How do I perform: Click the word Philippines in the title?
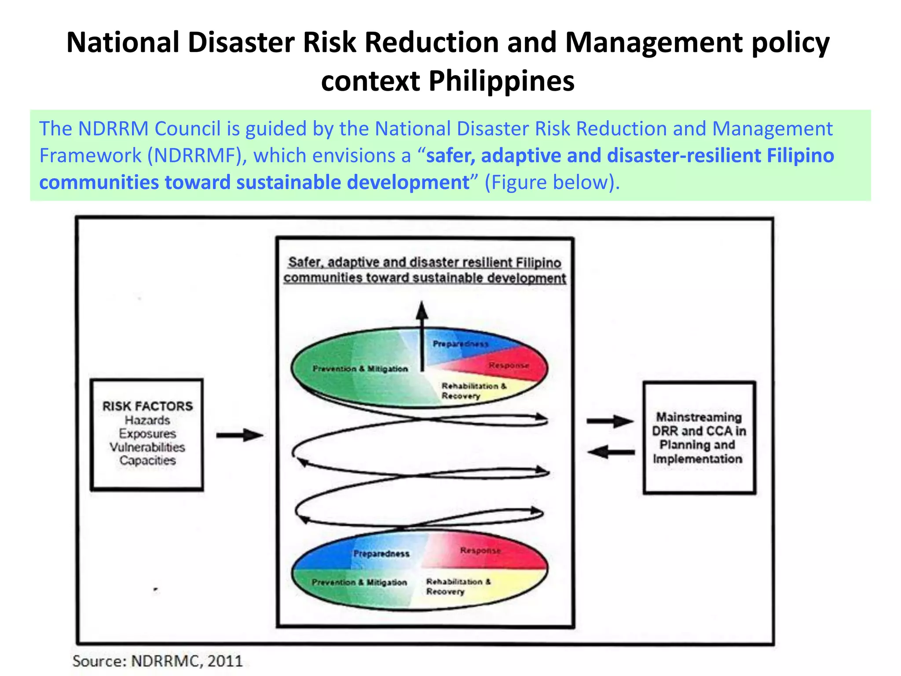point(501,81)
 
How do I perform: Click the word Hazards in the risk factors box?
point(147,420)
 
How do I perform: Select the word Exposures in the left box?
point(147,434)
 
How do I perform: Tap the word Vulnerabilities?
point(147,447)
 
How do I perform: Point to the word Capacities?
point(147,460)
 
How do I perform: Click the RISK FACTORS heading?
point(147,406)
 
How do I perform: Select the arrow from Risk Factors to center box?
point(239,435)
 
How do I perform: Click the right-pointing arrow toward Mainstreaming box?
point(610,421)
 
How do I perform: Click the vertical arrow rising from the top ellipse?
point(422,334)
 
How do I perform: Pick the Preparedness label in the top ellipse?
point(460,344)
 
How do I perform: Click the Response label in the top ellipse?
point(509,365)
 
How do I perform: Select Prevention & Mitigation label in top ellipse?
point(360,369)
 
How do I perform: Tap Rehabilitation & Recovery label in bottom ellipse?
point(458,586)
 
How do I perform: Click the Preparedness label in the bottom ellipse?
point(381,554)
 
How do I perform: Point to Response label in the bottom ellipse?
point(480,551)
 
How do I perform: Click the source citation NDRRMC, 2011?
point(157,661)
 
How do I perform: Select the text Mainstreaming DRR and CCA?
point(699,424)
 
